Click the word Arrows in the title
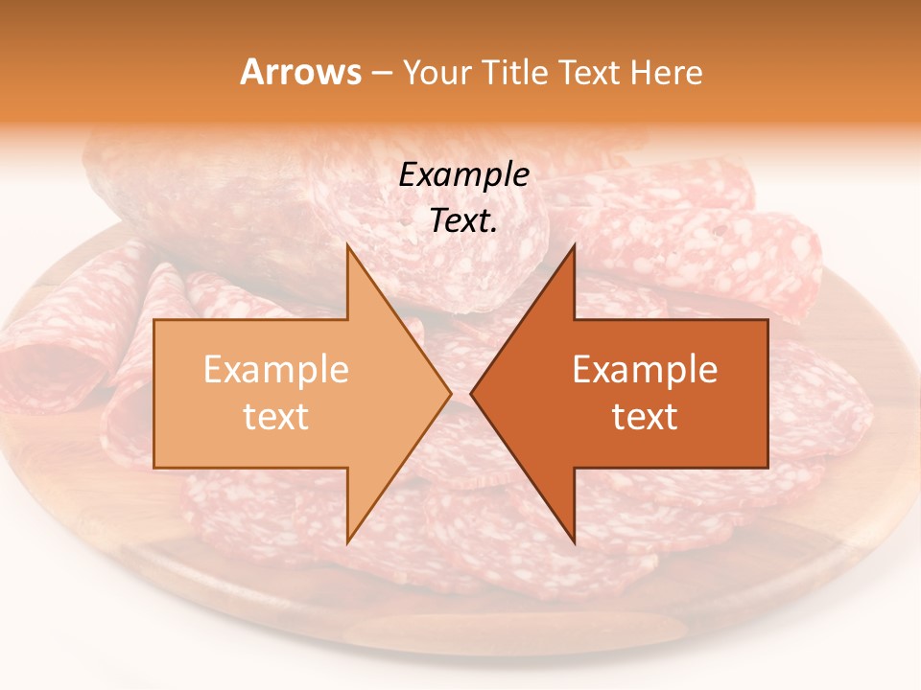(300, 72)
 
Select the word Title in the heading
(513, 72)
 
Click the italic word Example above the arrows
(463, 175)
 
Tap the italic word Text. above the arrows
(463, 220)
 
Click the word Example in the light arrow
(275, 370)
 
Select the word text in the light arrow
(275, 417)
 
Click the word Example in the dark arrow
(645, 370)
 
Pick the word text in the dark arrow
(645, 417)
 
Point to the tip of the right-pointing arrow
(451, 393)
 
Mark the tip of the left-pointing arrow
(471, 393)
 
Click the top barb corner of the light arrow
(347, 245)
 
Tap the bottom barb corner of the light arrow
(347, 542)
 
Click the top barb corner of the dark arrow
(574, 245)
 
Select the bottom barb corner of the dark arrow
(574, 542)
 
